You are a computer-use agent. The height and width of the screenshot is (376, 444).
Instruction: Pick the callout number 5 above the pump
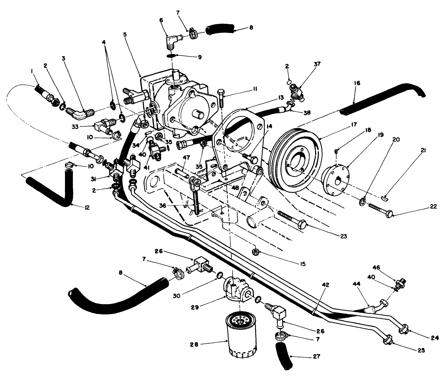125,34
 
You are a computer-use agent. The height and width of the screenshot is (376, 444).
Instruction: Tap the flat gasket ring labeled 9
172,56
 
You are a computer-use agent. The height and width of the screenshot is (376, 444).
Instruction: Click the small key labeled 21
385,196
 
